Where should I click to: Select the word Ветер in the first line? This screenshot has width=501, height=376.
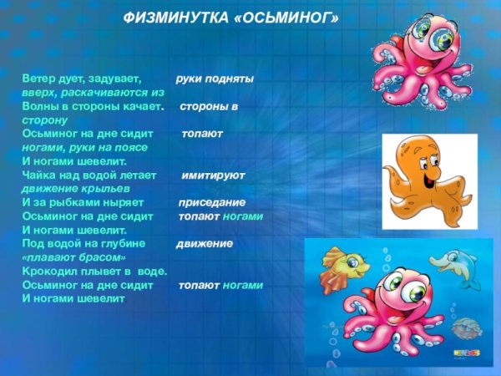38,79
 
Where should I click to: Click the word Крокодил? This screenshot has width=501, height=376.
53,272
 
